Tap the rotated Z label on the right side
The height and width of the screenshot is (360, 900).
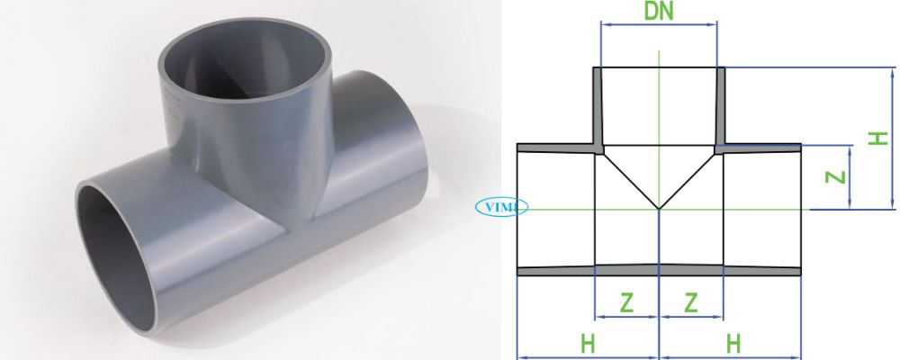click(x=837, y=176)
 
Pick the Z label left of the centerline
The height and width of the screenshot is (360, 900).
click(x=626, y=302)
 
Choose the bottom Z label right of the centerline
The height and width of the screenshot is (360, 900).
click(x=691, y=302)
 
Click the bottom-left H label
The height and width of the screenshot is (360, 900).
click(x=588, y=343)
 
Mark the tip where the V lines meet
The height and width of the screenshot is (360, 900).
click(x=660, y=209)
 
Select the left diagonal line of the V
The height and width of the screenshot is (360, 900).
click(x=630, y=180)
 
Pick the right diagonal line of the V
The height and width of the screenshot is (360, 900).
click(x=689, y=180)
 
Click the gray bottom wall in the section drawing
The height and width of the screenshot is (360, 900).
click(x=660, y=269)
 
